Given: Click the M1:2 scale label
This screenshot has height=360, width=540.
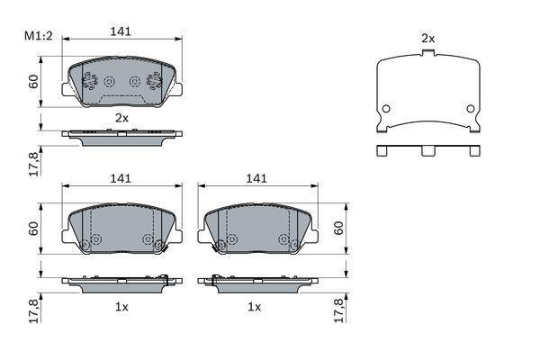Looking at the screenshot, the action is click(38, 36).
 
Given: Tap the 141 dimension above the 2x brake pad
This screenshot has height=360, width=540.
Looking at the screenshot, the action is click(121, 31).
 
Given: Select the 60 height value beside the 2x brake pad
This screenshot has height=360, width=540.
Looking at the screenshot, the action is click(33, 82).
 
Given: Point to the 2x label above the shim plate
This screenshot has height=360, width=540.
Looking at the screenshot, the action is click(428, 39).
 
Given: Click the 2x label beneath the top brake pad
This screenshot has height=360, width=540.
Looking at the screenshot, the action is click(121, 118).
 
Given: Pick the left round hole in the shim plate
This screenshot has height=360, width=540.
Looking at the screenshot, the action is click(386, 109).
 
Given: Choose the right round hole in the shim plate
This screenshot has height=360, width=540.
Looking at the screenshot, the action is click(471, 109).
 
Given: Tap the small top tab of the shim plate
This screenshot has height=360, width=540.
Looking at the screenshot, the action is click(428, 53).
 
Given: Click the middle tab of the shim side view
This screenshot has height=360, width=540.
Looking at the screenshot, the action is click(428, 150).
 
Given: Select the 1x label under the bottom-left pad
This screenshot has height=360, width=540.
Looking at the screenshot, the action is click(121, 307).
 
